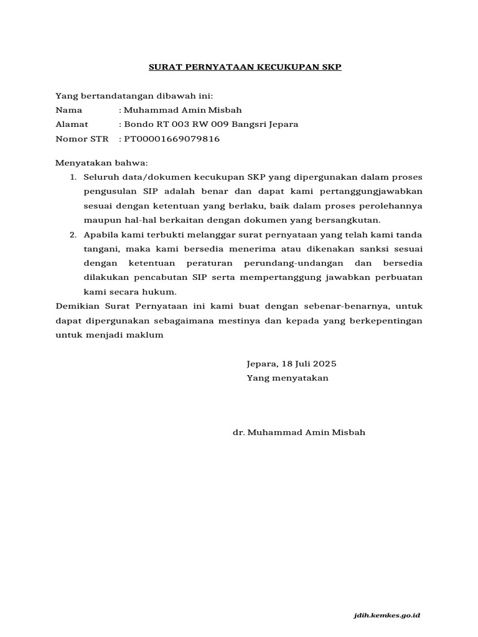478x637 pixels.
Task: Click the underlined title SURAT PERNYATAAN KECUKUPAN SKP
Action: point(245,67)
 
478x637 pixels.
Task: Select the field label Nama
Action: point(69,109)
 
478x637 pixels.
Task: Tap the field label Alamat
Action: point(72,124)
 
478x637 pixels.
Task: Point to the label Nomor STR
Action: point(82,139)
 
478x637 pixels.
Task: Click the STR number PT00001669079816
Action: point(172,139)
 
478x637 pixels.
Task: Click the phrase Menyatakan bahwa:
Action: point(101,163)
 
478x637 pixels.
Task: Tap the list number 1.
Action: point(72,178)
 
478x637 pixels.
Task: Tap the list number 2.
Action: point(72,235)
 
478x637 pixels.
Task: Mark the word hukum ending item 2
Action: point(164,292)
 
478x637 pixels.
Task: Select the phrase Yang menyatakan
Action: point(287,378)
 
